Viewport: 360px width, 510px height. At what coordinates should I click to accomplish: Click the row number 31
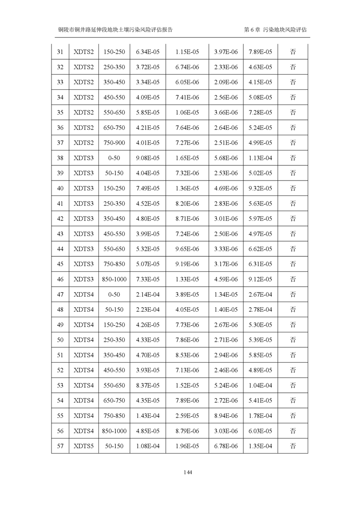coord(60,52)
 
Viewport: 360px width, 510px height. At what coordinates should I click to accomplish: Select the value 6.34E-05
coord(148,52)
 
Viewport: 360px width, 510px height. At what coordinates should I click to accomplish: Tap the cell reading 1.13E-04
coord(260,158)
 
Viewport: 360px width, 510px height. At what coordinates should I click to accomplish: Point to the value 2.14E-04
coord(148,294)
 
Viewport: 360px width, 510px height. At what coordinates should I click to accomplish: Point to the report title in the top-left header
coord(115,29)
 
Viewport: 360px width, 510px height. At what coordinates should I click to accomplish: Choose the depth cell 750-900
coord(114,143)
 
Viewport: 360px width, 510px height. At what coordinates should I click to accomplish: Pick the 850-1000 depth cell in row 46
coord(114,279)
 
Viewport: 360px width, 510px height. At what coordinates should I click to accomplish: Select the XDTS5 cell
coord(83,446)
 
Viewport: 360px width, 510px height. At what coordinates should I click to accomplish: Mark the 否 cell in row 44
coord(293,249)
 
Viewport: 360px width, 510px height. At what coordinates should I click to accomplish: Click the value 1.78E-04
coord(260,416)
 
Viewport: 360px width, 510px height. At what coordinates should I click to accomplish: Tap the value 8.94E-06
coord(226,416)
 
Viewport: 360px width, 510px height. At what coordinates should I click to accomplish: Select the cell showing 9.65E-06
coord(187,249)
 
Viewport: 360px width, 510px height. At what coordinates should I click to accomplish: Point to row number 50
coord(60,340)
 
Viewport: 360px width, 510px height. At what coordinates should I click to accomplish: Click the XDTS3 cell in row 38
coord(83,158)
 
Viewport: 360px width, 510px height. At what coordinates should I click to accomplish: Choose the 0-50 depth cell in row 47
coord(114,294)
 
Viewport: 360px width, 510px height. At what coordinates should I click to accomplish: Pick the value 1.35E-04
coord(260,446)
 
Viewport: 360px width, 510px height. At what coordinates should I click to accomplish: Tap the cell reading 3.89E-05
coord(187,294)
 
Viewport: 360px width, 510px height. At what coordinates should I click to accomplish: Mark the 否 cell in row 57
coord(293,446)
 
